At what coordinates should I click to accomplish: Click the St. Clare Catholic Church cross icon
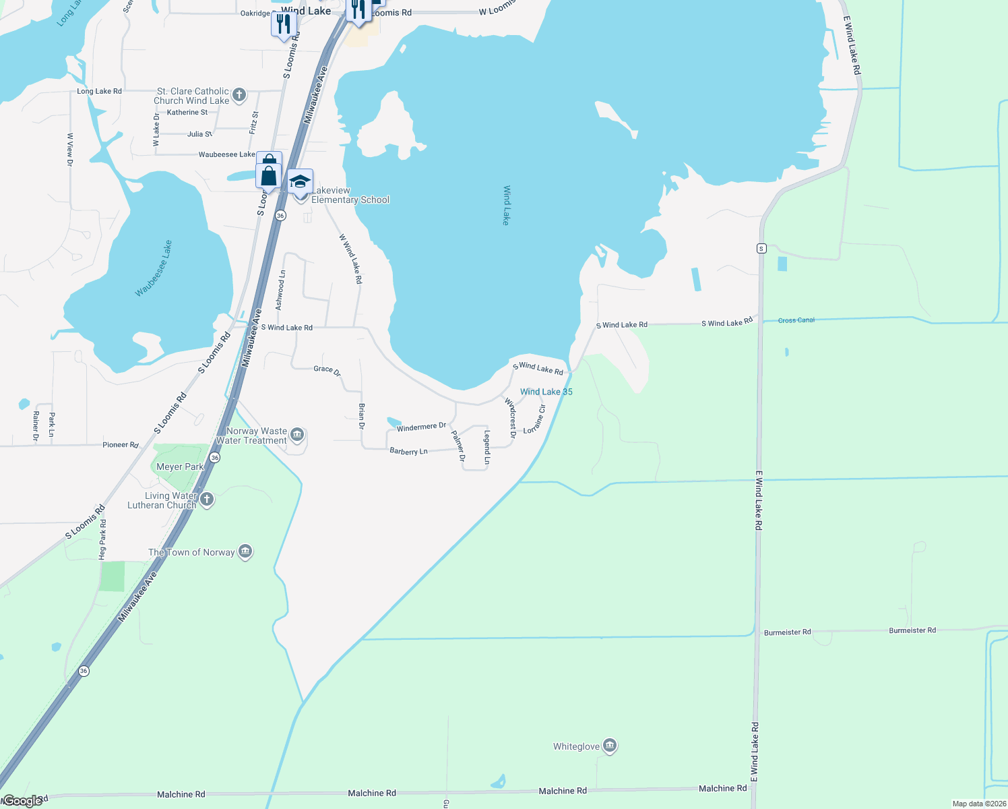[239, 96]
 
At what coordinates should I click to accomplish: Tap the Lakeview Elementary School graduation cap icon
[300, 181]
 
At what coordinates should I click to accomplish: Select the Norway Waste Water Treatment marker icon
[297, 435]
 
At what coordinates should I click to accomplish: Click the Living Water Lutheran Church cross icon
[207, 500]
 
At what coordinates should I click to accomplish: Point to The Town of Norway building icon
[245, 551]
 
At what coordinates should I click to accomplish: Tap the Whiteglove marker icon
[610, 746]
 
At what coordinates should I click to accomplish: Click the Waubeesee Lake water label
[154, 268]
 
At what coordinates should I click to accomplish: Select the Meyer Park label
[180, 467]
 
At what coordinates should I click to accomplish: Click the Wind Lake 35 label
[546, 392]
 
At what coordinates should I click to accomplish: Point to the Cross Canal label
[796, 320]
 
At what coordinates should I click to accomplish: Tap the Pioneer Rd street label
[121, 445]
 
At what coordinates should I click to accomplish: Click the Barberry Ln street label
[408, 451]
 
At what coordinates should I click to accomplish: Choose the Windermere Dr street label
[421, 427]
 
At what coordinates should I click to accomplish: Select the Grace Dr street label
[327, 369]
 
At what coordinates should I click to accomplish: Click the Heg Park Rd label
[102, 539]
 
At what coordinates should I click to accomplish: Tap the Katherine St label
[187, 113]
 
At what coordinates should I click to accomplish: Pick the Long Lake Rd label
[99, 91]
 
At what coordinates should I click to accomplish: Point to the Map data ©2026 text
[978, 804]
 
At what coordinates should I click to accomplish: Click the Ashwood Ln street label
[281, 290]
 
